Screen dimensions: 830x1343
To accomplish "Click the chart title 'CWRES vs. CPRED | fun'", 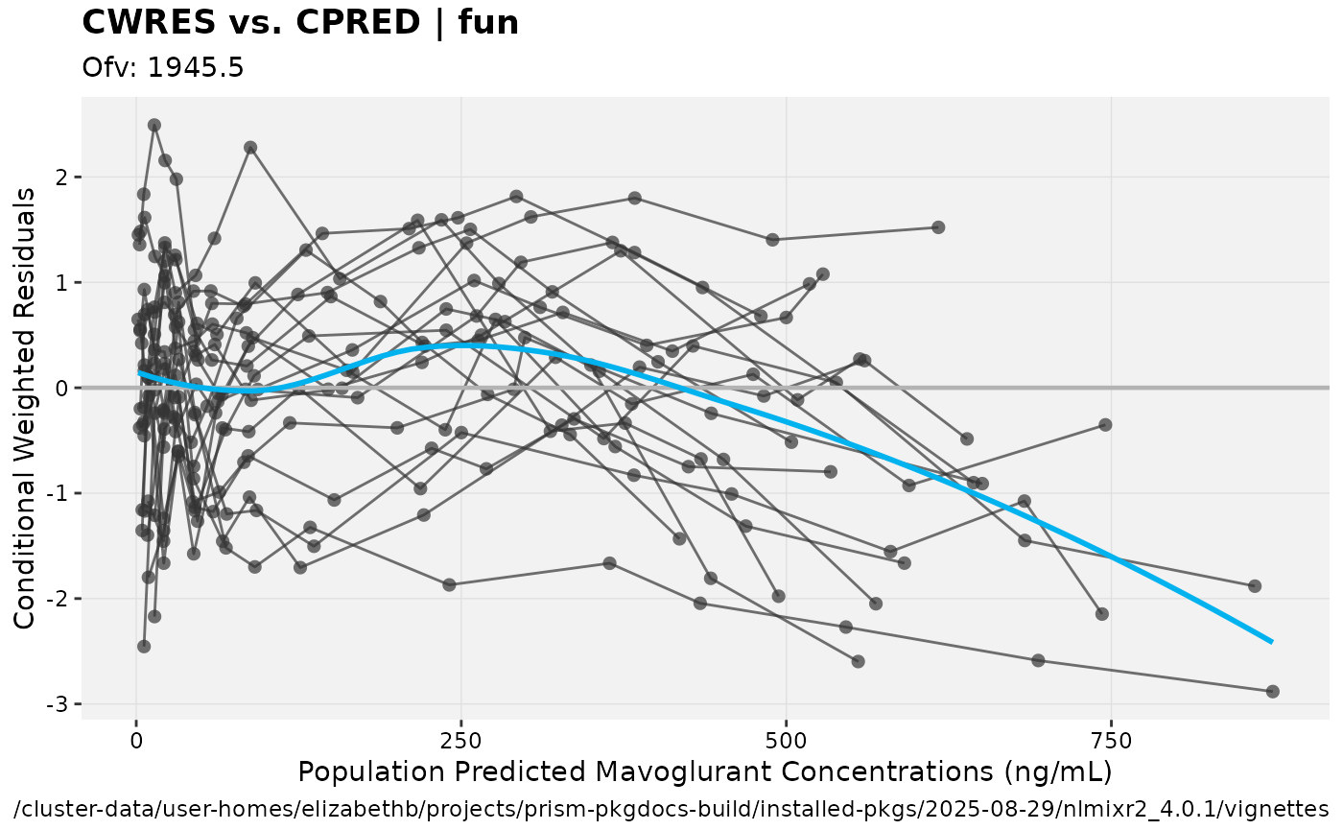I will tap(300, 22).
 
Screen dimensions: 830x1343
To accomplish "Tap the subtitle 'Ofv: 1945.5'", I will tap(163, 67).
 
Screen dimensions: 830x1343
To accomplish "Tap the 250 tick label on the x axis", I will tap(460, 741).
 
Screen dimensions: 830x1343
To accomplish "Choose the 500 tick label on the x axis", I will tap(786, 741).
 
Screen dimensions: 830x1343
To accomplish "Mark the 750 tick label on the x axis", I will tap(1111, 741).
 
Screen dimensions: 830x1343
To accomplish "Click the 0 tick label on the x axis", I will tap(136, 741).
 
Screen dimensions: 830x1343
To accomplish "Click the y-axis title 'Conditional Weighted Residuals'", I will tap(26, 408).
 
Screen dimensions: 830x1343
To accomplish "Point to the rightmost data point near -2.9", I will tap(1273, 691).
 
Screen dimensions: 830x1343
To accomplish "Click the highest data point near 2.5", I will tap(154, 125).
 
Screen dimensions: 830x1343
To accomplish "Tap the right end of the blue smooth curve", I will tap(1272, 642).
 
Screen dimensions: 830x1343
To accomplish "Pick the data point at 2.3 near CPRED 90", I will tap(250, 148).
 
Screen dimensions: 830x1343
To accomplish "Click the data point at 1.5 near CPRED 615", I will tap(938, 227).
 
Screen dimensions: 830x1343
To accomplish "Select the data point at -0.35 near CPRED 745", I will tap(1105, 424).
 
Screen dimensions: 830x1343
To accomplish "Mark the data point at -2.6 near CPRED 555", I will tap(859, 661).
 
